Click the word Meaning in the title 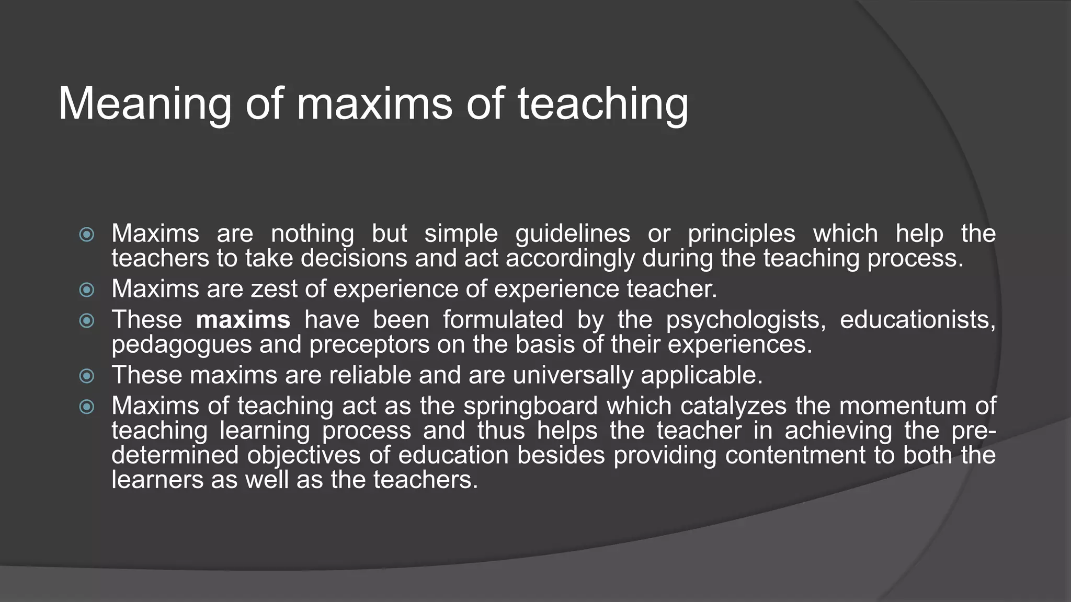pyautogui.click(x=144, y=105)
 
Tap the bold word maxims pyautogui.click(x=243, y=320)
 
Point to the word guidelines pyautogui.click(x=573, y=234)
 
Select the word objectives pyautogui.click(x=304, y=455)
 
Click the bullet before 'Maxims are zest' pyautogui.click(x=87, y=290)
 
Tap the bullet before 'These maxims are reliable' pyautogui.click(x=87, y=376)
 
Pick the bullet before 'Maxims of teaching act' pyautogui.click(x=87, y=407)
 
